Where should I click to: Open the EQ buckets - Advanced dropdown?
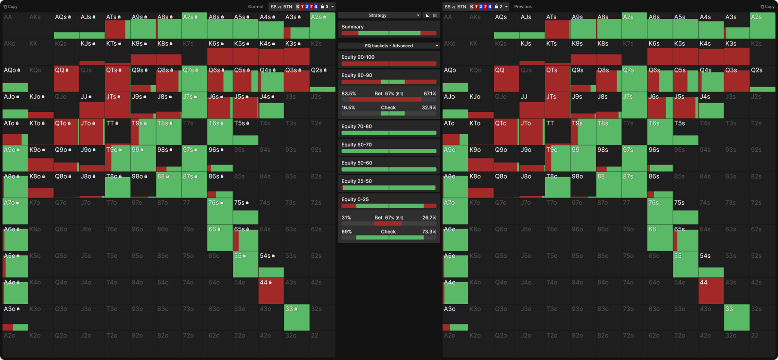[x=389, y=46]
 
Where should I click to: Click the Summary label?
[x=353, y=27]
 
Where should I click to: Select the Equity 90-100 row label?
[x=358, y=57]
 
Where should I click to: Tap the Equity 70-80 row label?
[x=356, y=126]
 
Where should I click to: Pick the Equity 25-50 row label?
[x=356, y=181]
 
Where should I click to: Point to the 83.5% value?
[x=349, y=94]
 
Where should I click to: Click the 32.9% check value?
[x=429, y=108]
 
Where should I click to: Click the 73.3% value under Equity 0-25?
[x=429, y=232]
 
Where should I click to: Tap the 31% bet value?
[x=346, y=218]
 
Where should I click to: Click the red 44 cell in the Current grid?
[x=271, y=291]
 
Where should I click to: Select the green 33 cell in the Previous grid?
[x=737, y=317]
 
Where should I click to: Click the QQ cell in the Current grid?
[x=66, y=79]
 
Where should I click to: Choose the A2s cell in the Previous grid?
[x=762, y=26]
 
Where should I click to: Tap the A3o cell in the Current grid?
[x=15, y=317]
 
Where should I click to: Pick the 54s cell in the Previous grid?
[x=711, y=264]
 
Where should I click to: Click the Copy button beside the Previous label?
[x=768, y=7]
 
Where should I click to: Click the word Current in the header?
[x=256, y=7]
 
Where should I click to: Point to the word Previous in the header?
[x=523, y=7]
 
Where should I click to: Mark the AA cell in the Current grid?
[x=15, y=26]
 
